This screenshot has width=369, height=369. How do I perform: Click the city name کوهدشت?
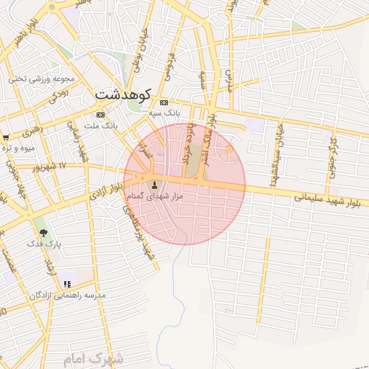[123, 94]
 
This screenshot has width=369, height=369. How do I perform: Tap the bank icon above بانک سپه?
[164, 102]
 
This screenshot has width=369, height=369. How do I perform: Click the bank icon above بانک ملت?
[100, 115]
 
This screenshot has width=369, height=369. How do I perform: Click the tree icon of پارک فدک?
[43, 233]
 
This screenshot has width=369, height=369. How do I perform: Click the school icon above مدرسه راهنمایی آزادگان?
[67, 284]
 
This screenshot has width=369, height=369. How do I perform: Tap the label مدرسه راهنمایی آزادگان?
[68, 295]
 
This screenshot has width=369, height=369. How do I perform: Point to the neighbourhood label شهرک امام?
[94, 358]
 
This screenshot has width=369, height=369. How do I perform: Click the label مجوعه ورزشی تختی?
[43, 79]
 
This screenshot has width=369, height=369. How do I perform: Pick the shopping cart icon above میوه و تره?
[6, 137]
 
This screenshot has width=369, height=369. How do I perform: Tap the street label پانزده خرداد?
[189, 147]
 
